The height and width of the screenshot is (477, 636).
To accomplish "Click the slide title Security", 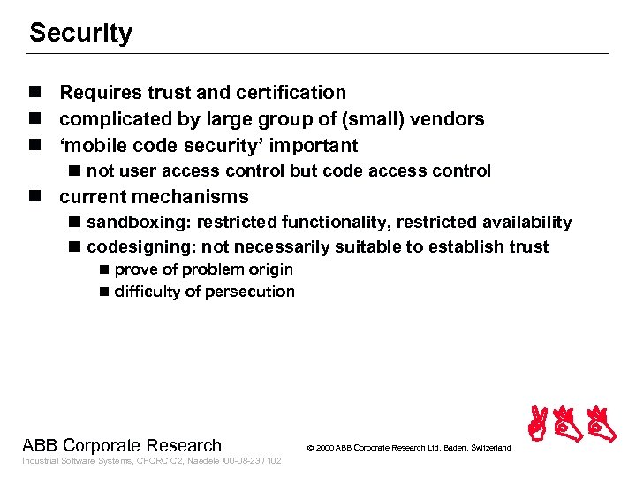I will [x=80, y=34].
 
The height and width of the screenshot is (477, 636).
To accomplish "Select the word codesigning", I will [x=133, y=247].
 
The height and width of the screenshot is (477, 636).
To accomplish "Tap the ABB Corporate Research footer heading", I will [x=122, y=445].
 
